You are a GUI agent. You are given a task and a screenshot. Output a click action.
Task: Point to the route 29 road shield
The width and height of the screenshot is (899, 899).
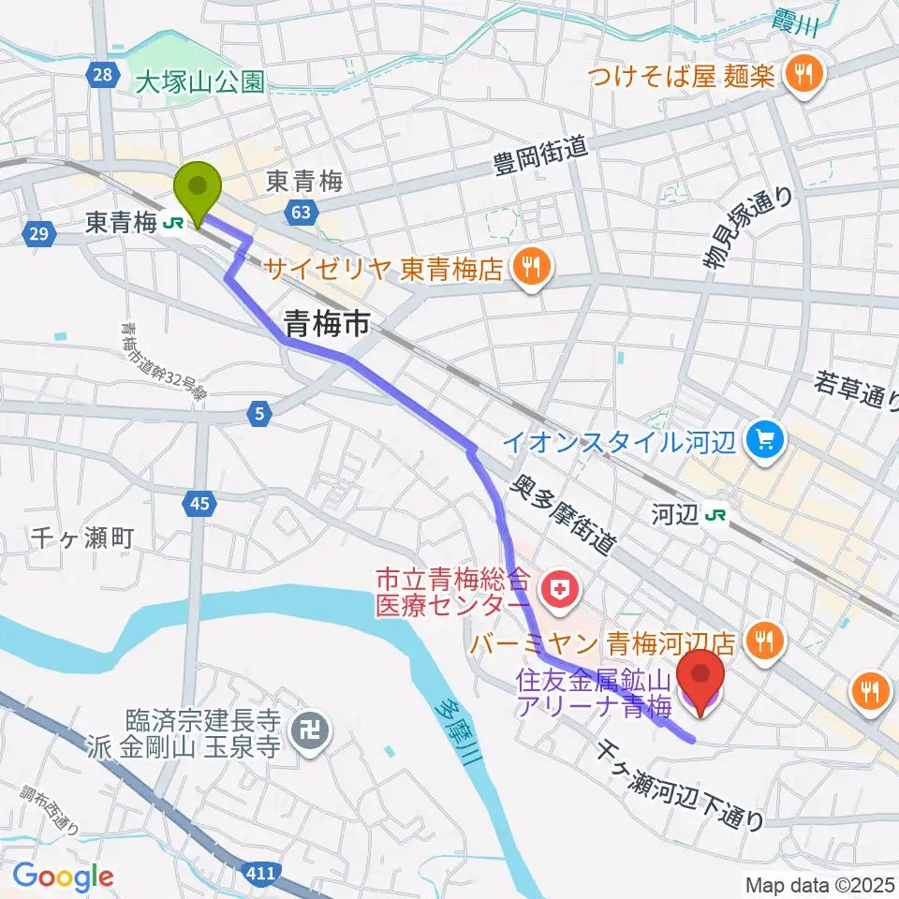(37, 235)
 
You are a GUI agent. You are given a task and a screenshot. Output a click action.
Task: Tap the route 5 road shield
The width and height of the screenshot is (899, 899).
(259, 411)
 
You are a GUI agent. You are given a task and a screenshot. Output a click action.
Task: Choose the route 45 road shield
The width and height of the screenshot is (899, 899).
(198, 505)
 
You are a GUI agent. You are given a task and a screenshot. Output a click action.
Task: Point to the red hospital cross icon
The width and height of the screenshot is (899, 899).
(561, 590)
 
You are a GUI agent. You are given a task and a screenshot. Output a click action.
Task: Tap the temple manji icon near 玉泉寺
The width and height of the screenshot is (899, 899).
(307, 727)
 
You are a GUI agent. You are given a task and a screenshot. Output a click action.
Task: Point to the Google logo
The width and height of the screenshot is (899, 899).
(63, 876)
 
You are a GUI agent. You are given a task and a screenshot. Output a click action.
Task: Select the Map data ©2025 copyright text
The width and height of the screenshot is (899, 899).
(819, 884)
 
